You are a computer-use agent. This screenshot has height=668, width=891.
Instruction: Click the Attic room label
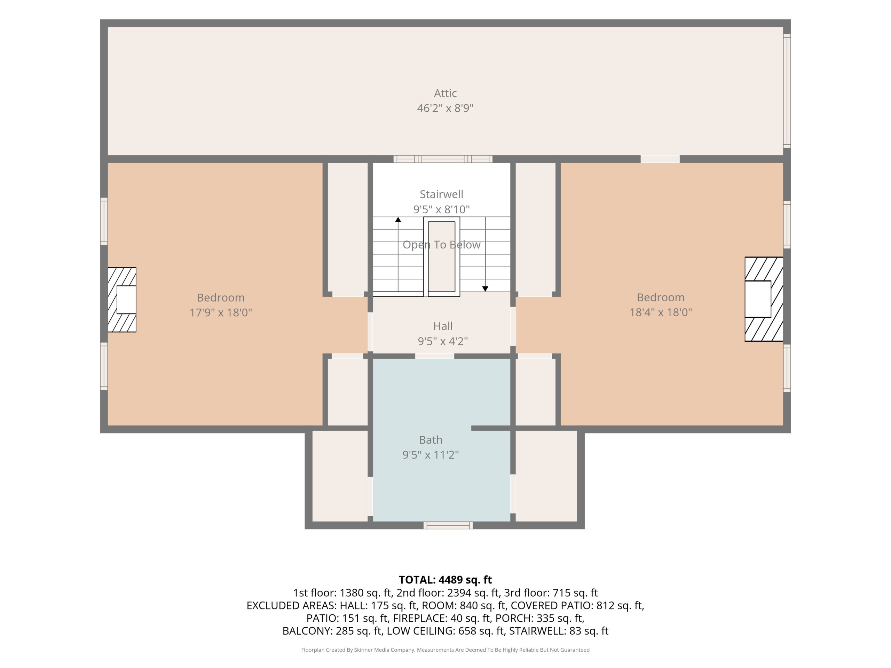tap(445, 93)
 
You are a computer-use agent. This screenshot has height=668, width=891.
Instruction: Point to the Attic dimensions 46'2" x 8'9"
tap(445, 108)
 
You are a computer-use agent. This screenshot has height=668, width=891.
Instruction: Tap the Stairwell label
tap(441, 194)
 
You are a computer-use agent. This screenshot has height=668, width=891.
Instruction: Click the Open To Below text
tap(441, 244)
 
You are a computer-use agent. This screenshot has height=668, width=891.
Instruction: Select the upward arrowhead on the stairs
tap(398, 220)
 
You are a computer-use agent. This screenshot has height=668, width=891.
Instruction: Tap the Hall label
tap(443, 326)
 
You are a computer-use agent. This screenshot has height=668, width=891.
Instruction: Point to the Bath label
tap(431, 439)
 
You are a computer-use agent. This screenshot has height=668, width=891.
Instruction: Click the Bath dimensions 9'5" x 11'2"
tap(431, 455)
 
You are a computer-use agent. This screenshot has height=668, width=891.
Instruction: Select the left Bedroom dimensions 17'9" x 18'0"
tap(221, 312)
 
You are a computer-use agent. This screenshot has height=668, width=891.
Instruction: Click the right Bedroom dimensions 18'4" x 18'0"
tap(661, 312)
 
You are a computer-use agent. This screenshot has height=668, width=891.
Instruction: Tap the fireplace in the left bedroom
tap(122, 300)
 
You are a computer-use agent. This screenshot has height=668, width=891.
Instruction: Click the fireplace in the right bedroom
tap(764, 299)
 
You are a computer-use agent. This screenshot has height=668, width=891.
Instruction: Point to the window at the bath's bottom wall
tap(448, 525)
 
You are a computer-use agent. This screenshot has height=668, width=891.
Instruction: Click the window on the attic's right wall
tap(787, 91)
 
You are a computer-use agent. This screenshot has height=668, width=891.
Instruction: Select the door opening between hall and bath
tap(435, 356)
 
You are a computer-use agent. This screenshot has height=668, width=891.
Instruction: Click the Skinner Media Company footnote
tap(445, 650)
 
